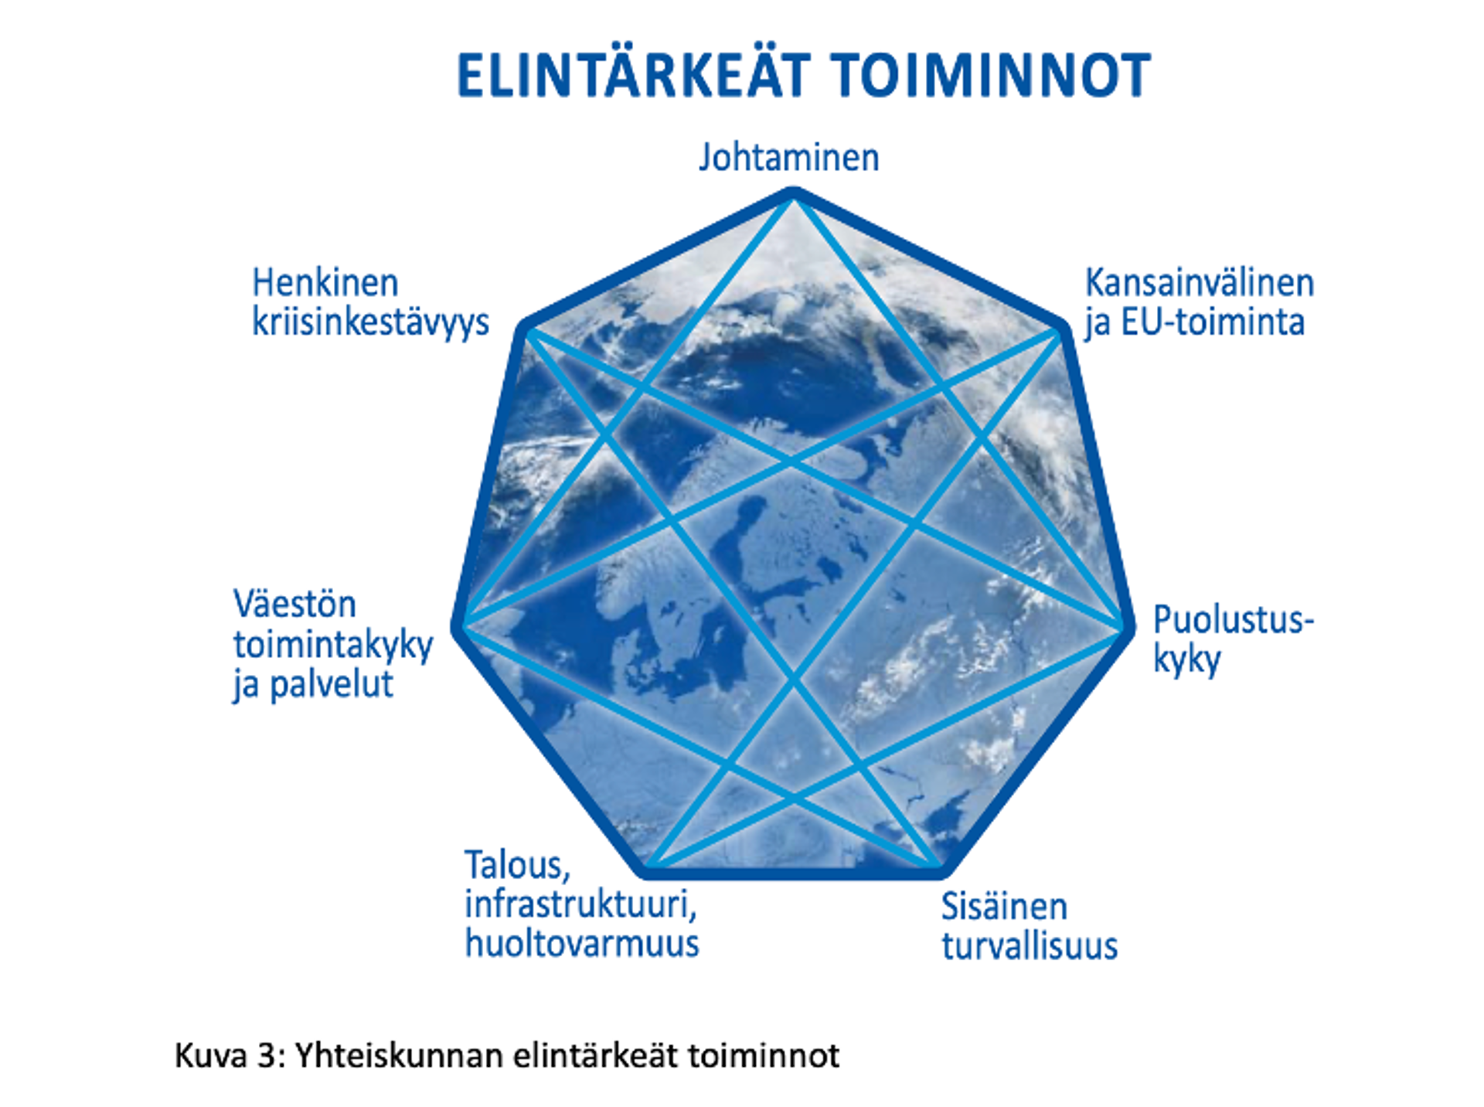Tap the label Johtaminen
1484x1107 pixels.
tap(788, 158)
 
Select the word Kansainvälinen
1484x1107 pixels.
tap(1199, 283)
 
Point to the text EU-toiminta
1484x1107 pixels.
tap(1213, 322)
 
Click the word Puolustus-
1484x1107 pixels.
tap(1234, 620)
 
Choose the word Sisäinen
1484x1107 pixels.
tap(1004, 907)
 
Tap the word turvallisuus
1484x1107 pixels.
tap(1030, 946)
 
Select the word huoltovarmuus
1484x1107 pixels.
tap(582, 944)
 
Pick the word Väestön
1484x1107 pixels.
tap(294, 605)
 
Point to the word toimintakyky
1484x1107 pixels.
tap(333, 645)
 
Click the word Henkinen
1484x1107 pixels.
tap(325, 283)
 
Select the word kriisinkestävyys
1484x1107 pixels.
tap(370, 322)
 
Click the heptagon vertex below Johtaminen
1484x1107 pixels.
tap(792, 195)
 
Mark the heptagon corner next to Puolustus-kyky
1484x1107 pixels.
tap(1127, 628)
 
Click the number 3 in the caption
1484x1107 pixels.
tap(267, 1055)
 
